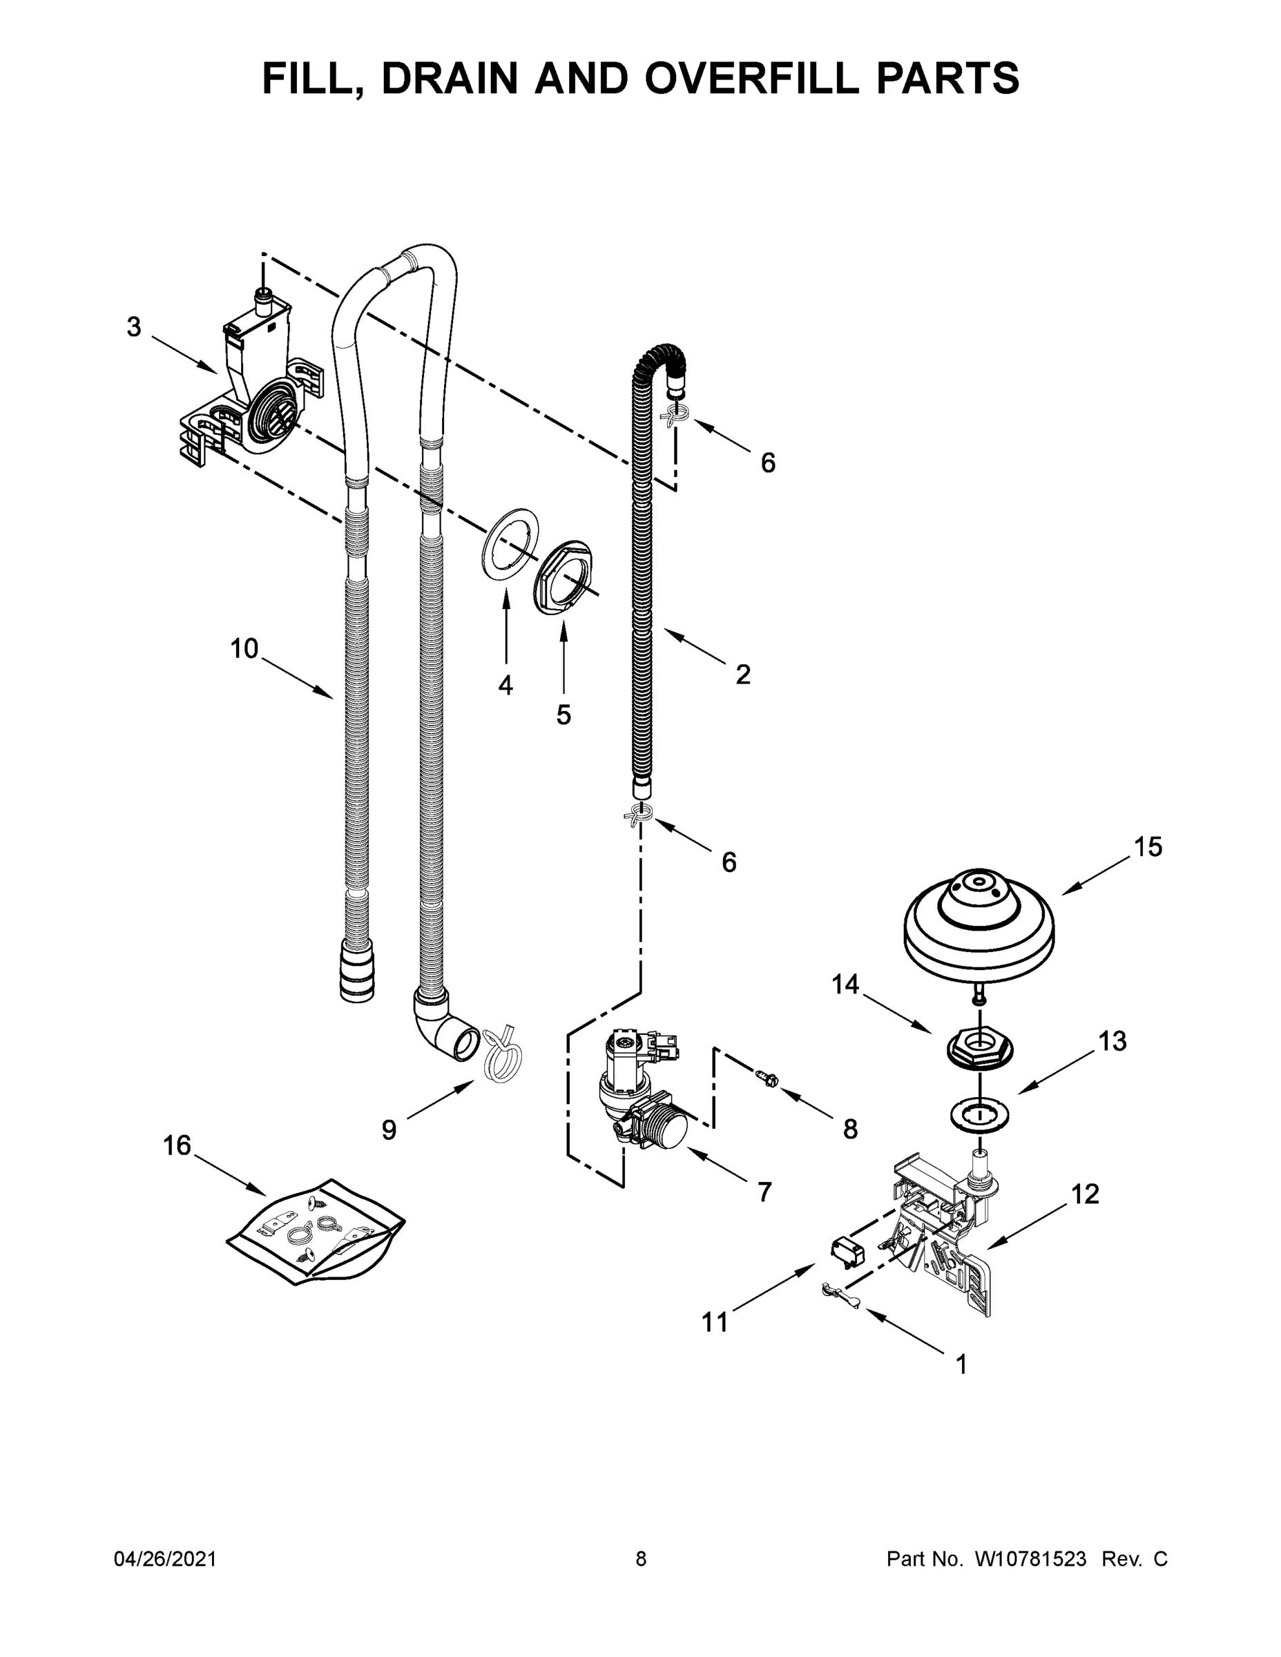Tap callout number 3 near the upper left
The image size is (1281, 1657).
133,328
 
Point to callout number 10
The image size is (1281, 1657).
244,649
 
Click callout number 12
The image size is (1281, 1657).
1085,1194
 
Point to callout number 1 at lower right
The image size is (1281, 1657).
961,1364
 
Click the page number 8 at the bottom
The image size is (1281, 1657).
641,1560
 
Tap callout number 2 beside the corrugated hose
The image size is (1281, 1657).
743,674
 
